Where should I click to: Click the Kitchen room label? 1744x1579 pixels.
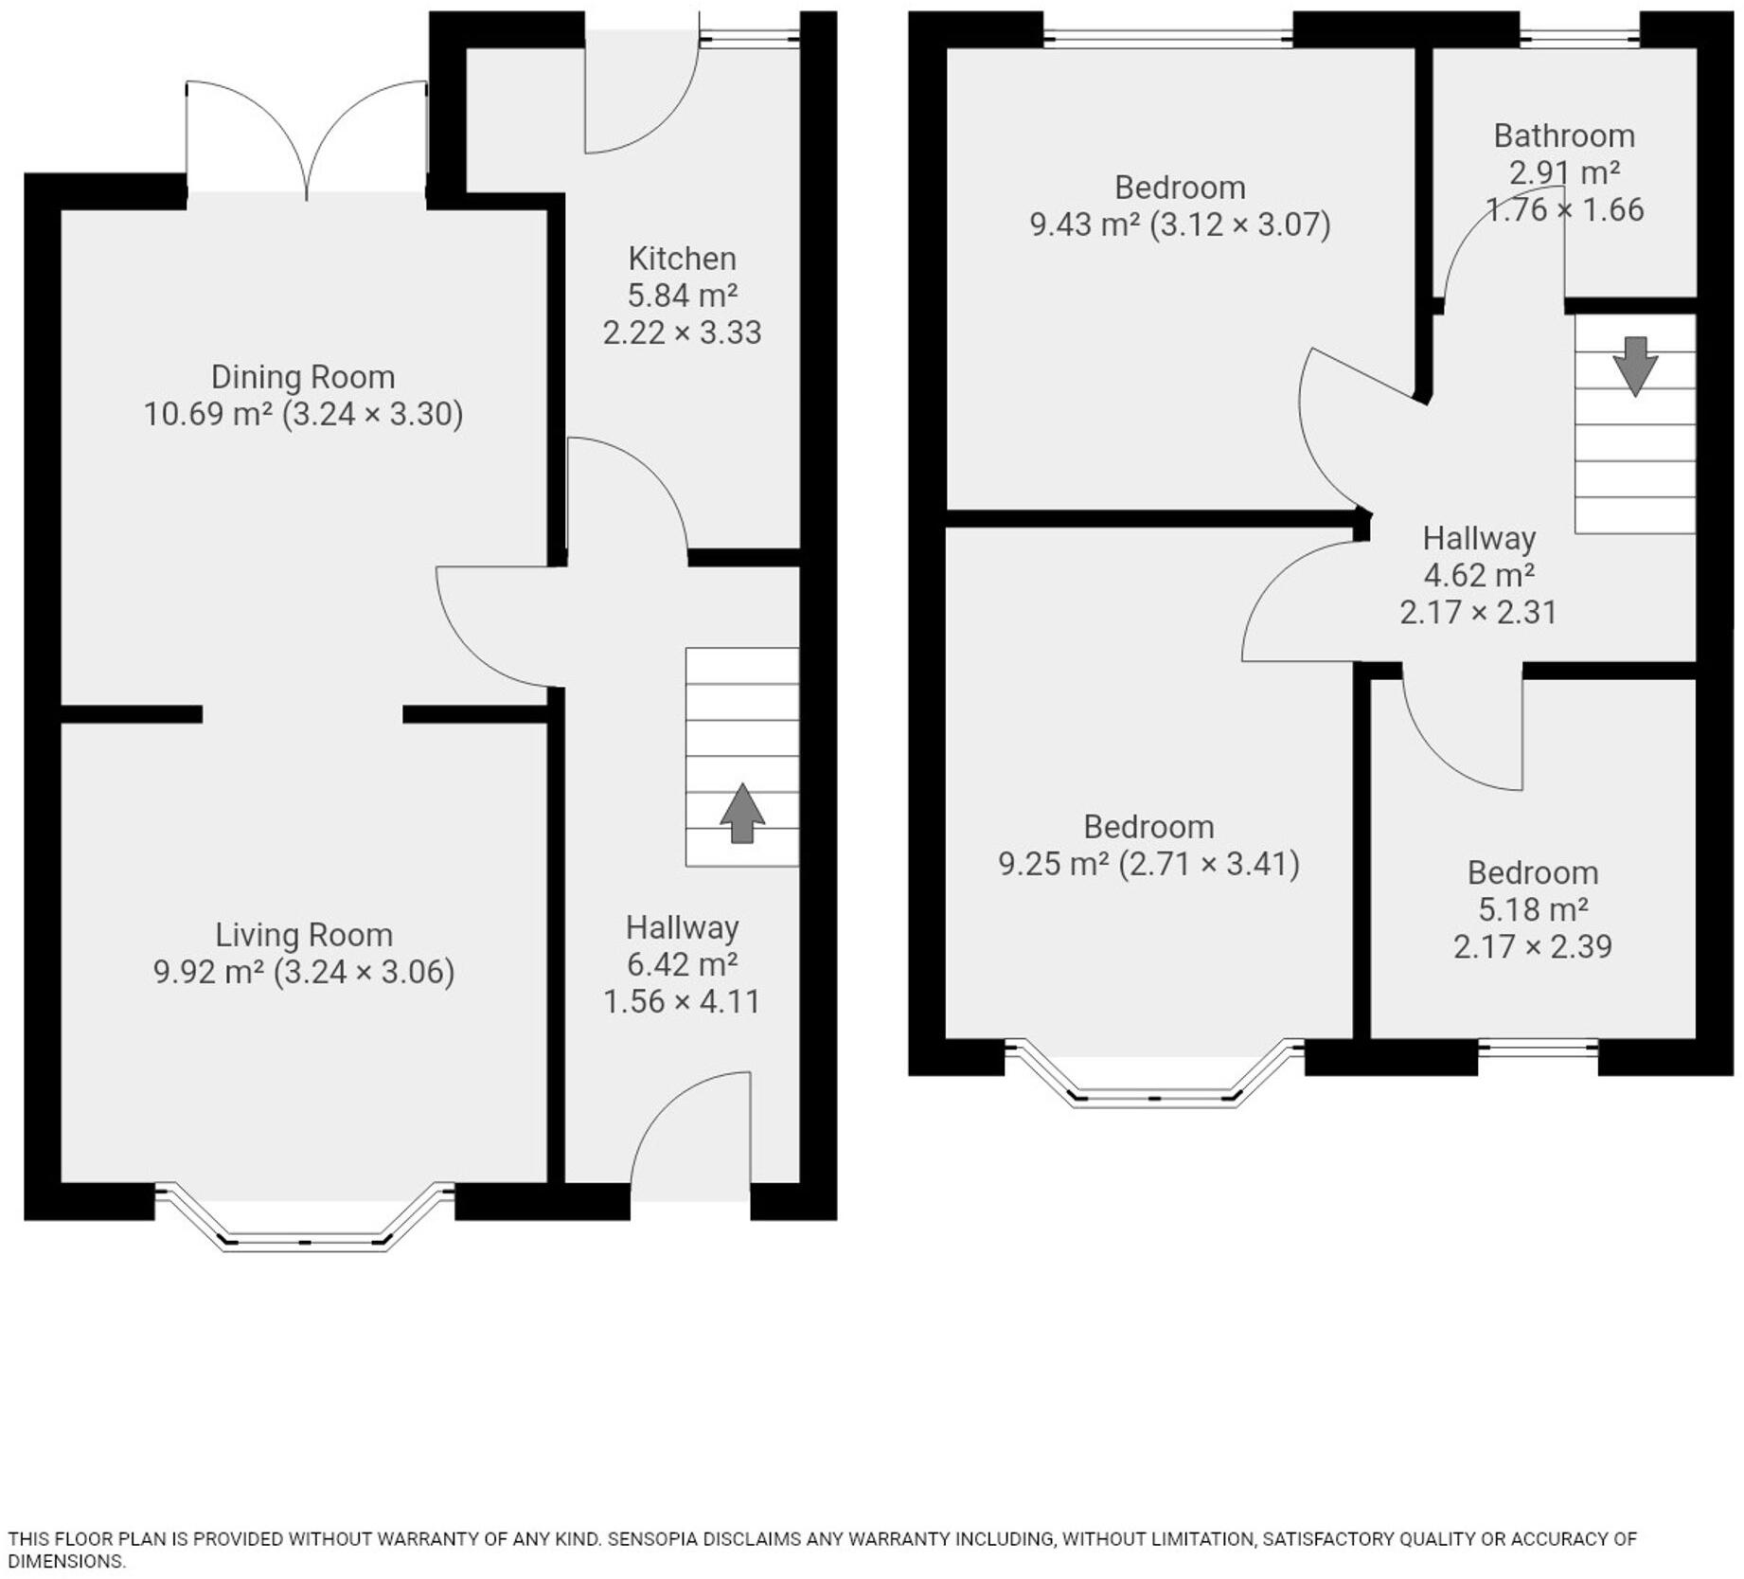(x=682, y=259)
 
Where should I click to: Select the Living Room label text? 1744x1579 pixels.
(x=303, y=935)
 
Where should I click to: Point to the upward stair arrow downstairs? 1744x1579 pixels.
(x=741, y=813)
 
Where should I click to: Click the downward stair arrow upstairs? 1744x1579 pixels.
(x=1634, y=366)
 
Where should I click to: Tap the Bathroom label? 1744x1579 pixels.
(x=1563, y=136)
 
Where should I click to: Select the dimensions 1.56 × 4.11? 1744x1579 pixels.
(x=682, y=1001)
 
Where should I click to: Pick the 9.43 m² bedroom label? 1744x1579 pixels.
(x=1179, y=188)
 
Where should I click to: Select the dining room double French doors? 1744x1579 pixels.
(x=306, y=142)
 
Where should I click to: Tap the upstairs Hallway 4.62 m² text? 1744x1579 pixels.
(x=1478, y=575)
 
